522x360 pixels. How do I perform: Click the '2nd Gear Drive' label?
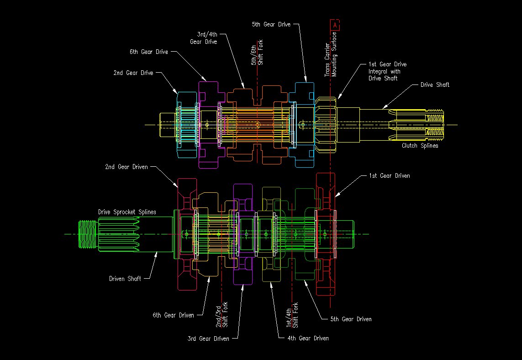point(133,73)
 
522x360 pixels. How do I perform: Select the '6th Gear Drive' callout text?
point(149,52)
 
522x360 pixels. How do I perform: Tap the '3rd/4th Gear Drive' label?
point(203,38)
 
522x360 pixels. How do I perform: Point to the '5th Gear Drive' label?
point(271,24)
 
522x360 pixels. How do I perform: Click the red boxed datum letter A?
point(335,25)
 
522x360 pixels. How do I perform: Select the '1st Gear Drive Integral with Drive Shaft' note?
point(387,71)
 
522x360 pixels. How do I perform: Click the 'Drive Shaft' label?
point(435,85)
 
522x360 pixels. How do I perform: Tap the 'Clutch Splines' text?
point(420,146)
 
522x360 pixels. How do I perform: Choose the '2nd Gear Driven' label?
point(126,167)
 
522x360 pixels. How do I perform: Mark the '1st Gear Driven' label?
point(389,176)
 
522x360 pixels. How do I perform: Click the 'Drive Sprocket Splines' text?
point(127,212)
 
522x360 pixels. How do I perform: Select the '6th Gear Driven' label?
point(173,315)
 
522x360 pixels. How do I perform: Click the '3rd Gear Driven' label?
point(208,339)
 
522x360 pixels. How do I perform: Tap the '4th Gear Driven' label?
point(308,339)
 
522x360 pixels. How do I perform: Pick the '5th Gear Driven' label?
point(351,319)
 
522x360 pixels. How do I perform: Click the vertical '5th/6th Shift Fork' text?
point(257,53)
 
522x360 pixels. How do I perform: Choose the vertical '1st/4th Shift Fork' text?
point(292,315)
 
